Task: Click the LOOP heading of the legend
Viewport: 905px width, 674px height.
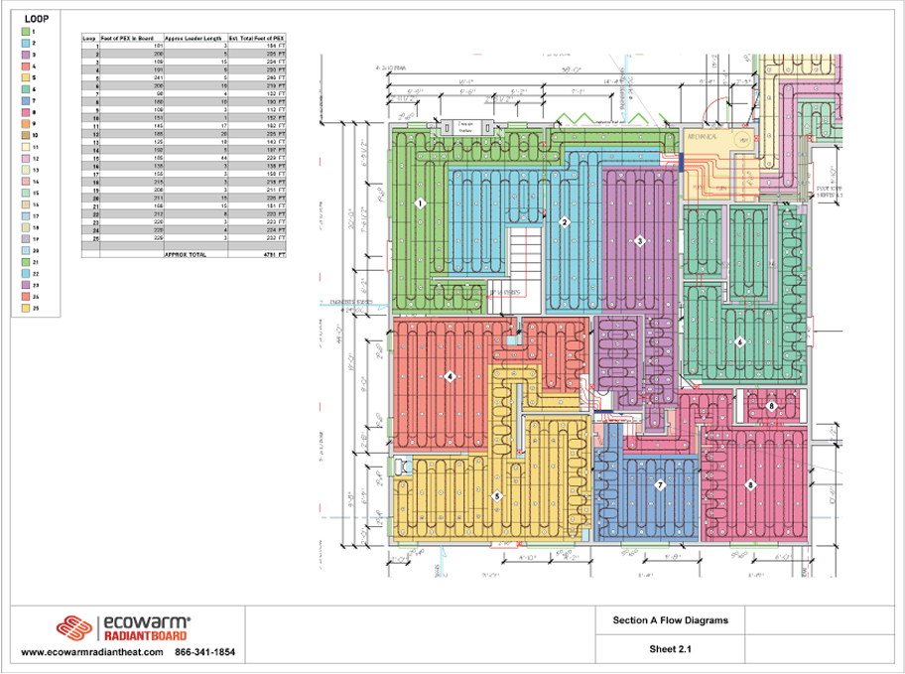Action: [37, 18]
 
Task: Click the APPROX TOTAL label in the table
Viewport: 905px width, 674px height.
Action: [185, 254]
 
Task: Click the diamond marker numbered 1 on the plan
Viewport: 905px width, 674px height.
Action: [420, 203]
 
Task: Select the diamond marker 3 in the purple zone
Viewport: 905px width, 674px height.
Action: [640, 241]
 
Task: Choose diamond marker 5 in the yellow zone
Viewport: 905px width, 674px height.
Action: [497, 495]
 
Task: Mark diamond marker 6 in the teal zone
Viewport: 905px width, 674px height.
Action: [739, 341]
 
